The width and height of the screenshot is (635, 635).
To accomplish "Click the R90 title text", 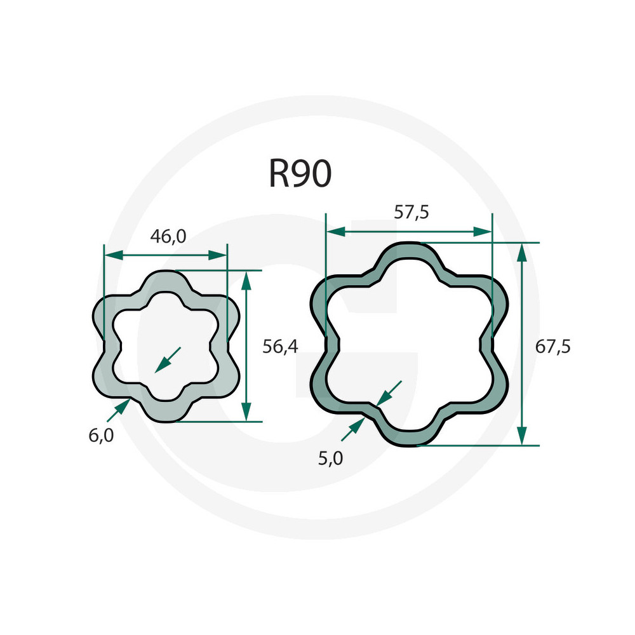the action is (300, 173).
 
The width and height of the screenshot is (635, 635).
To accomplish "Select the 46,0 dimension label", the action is (168, 236).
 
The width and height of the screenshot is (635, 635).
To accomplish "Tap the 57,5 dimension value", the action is (411, 212).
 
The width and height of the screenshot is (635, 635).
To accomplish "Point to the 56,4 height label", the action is (280, 347).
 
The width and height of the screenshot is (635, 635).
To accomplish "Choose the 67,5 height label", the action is (553, 347).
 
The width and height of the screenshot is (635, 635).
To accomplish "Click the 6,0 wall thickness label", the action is (101, 436).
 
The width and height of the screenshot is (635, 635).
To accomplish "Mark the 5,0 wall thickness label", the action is (330, 458).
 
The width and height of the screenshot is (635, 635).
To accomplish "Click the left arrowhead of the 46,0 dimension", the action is (114, 255).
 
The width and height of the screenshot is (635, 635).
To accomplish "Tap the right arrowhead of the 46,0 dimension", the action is (217, 255).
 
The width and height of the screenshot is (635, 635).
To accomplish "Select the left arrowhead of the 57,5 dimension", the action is (336, 232).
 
